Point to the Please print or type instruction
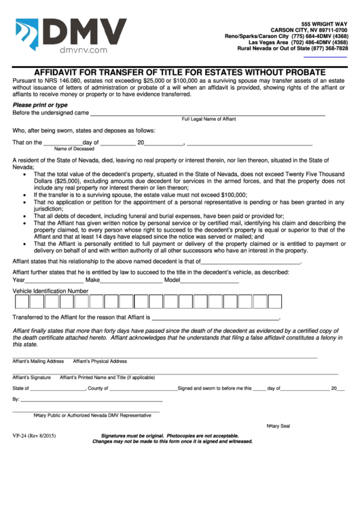[40, 105]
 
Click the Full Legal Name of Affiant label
[209, 119]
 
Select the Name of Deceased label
[74, 148]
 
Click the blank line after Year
[54, 281]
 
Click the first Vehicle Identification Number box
[21, 302]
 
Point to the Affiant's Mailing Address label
[38, 361]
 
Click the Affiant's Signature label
[31, 376]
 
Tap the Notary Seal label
[278, 425]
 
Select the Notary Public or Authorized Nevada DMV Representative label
[92, 415]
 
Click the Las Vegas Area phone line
[298, 42]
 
